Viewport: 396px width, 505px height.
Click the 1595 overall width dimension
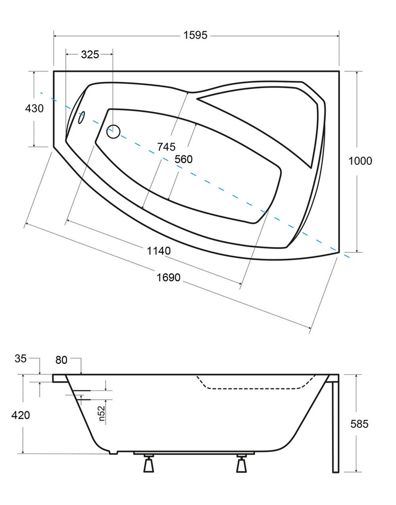point(195,35)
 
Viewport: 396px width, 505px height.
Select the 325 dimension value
point(90,54)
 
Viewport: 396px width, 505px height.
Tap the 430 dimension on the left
point(34,108)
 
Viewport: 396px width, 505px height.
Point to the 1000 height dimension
point(360,161)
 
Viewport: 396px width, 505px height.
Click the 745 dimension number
point(166,147)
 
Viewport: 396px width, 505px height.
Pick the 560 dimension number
point(183,160)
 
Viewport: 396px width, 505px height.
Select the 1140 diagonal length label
point(159,251)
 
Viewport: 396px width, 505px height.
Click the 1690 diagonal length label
point(169,277)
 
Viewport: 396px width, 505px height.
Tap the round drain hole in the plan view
point(113,131)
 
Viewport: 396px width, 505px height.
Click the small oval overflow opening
point(82,118)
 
